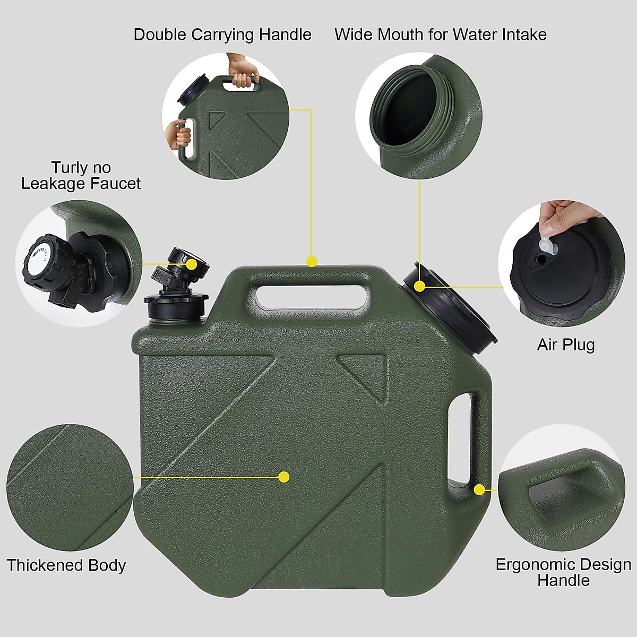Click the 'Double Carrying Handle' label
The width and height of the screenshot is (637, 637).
tap(222, 35)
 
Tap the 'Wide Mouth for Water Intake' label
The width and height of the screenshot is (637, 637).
tap(440, 35)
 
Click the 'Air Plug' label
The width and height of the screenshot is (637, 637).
tap(565, 345)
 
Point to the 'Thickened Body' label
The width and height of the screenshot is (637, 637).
tap(66, 565)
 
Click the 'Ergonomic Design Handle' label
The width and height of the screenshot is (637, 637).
tap(563, 572)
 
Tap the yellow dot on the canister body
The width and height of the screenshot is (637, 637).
tap(284, 477)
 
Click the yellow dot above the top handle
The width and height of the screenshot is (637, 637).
tap(312, 261)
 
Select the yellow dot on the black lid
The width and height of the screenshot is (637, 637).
tap(420, 287)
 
